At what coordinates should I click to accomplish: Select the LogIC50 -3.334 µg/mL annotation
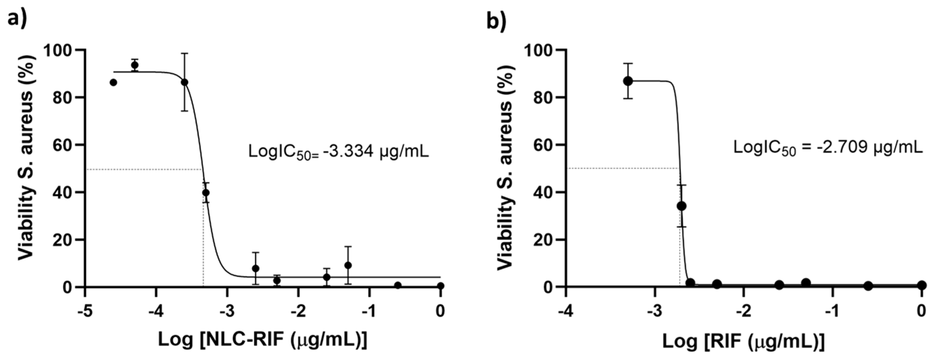click(x=338, y=151)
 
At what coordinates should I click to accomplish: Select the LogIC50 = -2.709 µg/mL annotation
click(x=827, y=148)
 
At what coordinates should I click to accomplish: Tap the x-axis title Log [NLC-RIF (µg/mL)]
click(x=263, y=340)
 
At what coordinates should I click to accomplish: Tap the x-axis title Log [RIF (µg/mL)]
click(x=743, y=340)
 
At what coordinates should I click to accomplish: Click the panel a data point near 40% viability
click(x=206, y=193)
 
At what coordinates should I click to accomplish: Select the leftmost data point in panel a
click(x=113, y=83)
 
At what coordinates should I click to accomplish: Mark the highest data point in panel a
click(x=135, y=65)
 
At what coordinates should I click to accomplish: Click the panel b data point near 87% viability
click(x=628, y=81)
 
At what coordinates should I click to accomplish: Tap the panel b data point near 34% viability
click(x=681, y=206)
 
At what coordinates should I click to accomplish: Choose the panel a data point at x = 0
click(x=440, y=286)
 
